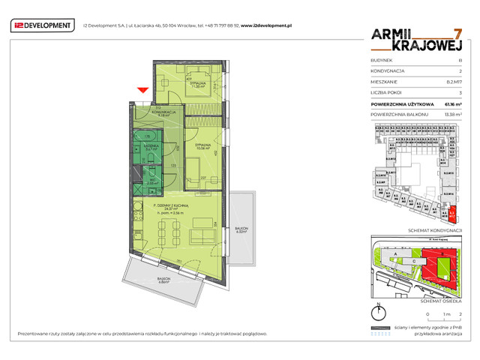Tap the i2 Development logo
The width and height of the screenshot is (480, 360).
pos(43,25)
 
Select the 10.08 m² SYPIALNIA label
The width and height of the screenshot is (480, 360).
pos(200,146)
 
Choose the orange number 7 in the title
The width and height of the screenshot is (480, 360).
pos(457,34)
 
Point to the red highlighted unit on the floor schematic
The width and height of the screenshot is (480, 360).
pos(451,215)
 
